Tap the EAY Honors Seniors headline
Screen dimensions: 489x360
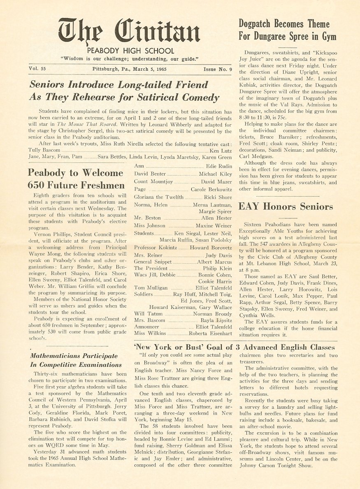286,206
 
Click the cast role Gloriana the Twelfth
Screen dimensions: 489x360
159,197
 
